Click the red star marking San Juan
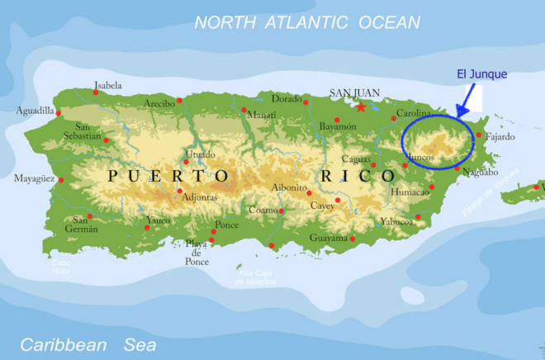click(x=360, y=107)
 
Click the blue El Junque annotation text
click(x=481, y=74)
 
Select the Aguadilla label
click(x=35, y=111)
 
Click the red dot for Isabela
click(x=96, y=92)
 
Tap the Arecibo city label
click(x=159, y=103)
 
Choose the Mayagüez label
click(x=34, y=178)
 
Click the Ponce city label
click(x=226, y=225)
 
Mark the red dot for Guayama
click(x=353, y=239)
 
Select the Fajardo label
click(x=500, y=136)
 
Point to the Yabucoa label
click(x=397, y=221)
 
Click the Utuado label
click(x=200, y=154)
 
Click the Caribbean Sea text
click(x=88, y=344)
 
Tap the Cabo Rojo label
click(x=62, y=267)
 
